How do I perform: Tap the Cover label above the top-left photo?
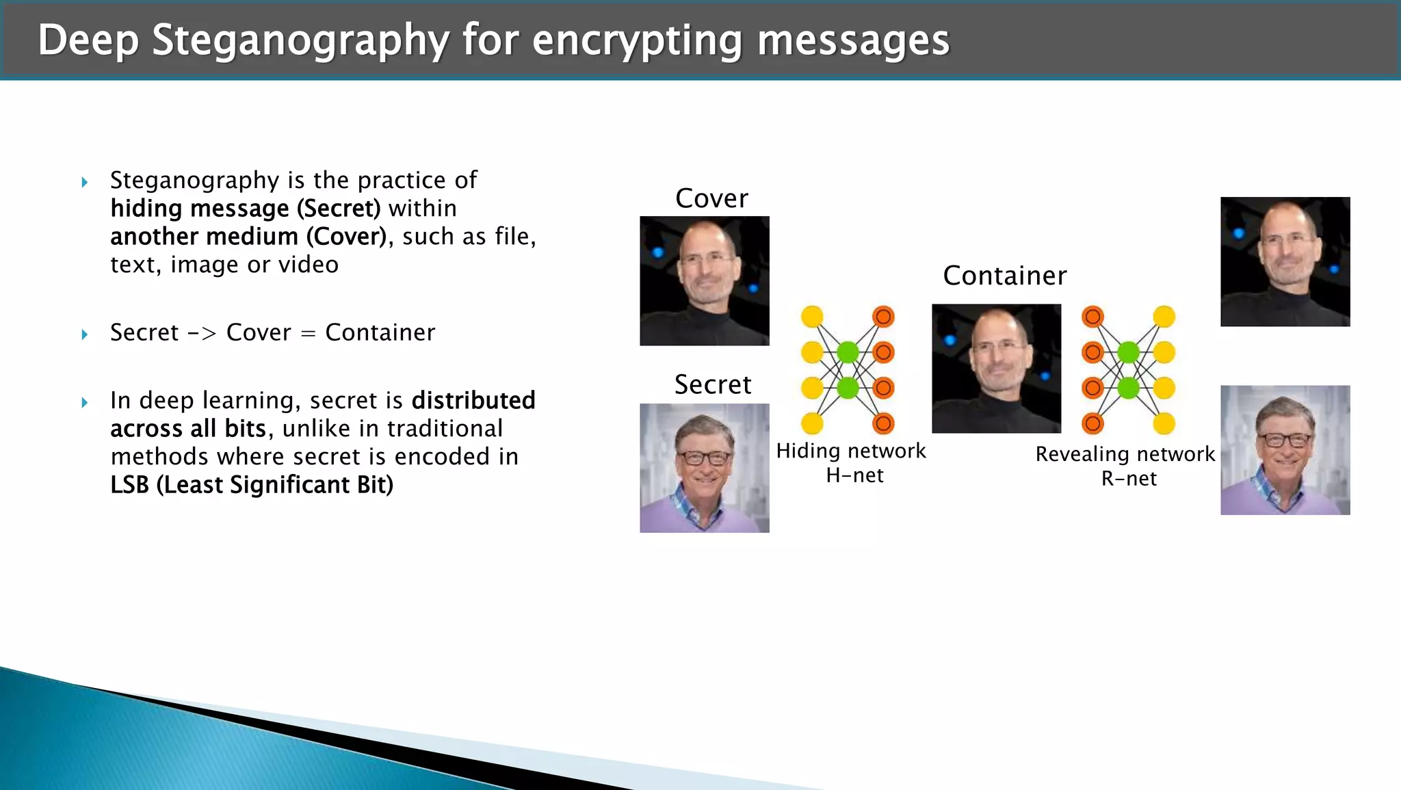tap(711, 198)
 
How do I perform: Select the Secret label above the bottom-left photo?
tap(712, 384)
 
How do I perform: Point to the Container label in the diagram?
tap(1004, 276)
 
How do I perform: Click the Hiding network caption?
tap(850, 451)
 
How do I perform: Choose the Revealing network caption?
tap(1125, 454)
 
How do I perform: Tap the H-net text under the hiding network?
tap(854, 475)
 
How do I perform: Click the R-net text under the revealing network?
tap(1129, 479)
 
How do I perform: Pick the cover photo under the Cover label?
tap(704, 280)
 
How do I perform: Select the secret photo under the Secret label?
tap(704, 468)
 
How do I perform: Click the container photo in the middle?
tap(996, 368)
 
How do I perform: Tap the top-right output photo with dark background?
tap(1285, 261)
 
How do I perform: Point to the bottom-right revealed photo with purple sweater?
tap(1285, 449)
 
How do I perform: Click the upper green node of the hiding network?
tap(848, 352)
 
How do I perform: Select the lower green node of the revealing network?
tap(1128, 388)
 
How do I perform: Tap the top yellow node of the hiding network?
tap(812, 317)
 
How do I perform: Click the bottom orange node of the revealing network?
tap(1092, 423)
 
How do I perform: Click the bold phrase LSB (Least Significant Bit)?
tap(252, 485)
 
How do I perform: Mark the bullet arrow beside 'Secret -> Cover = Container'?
tap(85, 334)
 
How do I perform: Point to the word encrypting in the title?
tap(637, 40)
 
